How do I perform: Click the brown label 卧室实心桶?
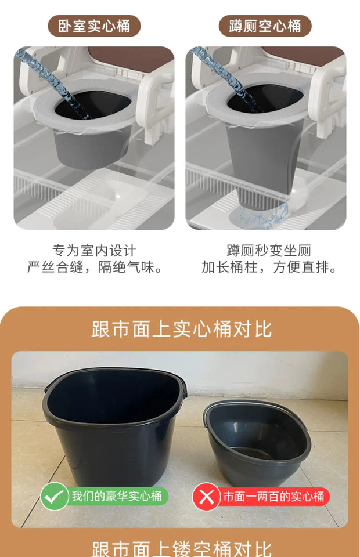[94, 26]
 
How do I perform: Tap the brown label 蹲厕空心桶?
[265, 26]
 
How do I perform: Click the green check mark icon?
[55, 497]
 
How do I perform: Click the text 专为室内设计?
[94, 251]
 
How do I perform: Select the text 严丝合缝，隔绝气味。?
[94, 267]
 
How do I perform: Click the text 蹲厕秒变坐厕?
[268, 251]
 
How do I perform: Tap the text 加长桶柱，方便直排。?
[268, 267]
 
